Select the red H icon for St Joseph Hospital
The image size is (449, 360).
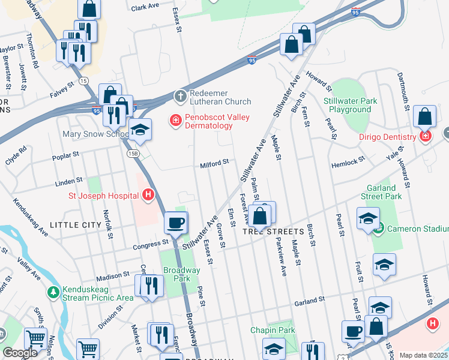147,195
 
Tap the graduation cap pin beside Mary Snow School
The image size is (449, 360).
140,130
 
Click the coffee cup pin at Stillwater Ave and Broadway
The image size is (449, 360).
176,223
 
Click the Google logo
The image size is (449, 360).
20,353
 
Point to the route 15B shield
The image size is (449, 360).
133,154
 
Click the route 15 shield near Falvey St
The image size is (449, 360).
83,80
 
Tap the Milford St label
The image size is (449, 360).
214,162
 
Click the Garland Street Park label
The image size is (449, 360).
381,191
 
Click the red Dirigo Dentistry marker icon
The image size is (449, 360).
426,137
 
